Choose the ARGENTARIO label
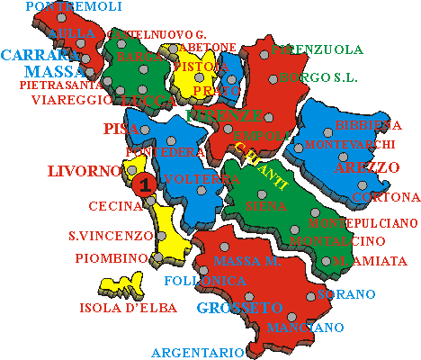pyautogui.click(x=197, y=352)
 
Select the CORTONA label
pyautogui.click(x=386, y=196)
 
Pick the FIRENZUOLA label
pyautogui.click(x=318, y=49)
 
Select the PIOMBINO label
pyautogui.click(x=111, y=258)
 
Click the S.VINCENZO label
pyautogui.click(x=111, y=236)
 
